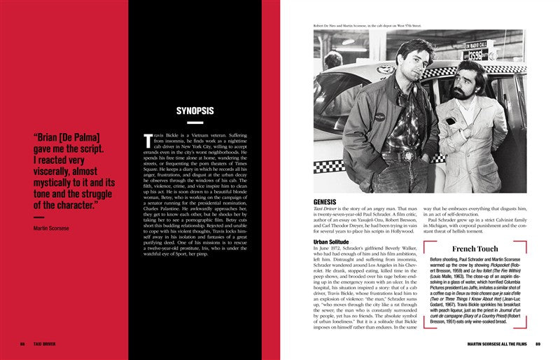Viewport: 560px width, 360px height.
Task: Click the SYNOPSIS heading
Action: [195, 110]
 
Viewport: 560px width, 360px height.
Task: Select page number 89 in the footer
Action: [538, 344]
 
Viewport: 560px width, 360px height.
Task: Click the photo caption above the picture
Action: [367, 26]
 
